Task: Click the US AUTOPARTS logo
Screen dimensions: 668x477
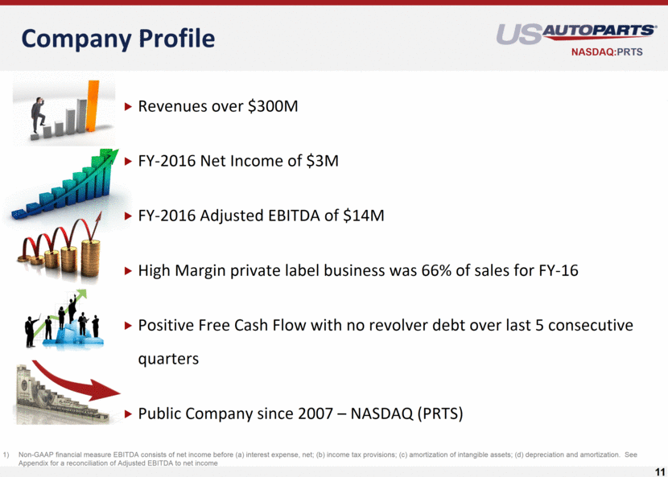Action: (576, 34)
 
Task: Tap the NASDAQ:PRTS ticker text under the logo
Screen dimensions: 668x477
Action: (607, 52)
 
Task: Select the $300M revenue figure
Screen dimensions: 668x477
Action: (273, 106)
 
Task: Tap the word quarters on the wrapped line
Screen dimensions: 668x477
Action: (168, 359)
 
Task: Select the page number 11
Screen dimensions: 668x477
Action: (659, 472)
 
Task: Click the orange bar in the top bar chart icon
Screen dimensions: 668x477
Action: (93, 105)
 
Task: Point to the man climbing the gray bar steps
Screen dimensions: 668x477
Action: (38, 115)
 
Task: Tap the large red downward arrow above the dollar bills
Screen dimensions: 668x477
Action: (76, 381)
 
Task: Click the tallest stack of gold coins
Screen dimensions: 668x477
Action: (90, 257)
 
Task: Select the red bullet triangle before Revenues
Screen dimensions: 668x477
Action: (128, 106)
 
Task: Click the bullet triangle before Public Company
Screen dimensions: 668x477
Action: (128, 414)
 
